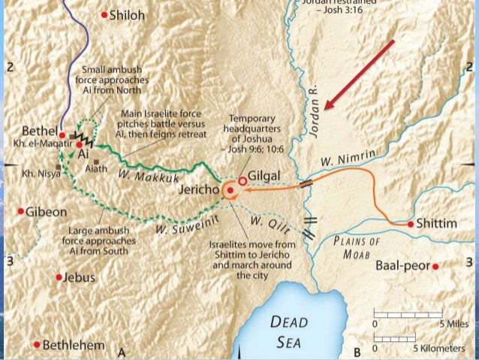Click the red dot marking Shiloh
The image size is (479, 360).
104,14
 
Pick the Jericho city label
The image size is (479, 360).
198,191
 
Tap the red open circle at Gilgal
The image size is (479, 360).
242,180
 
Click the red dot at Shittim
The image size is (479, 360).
411,224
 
